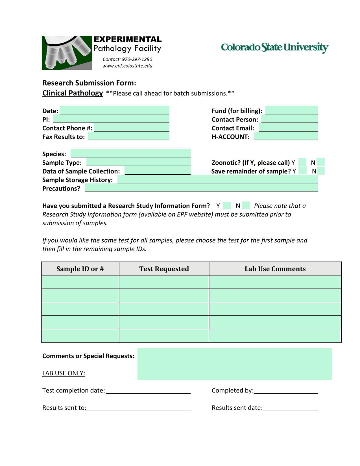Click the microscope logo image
coord(67,53)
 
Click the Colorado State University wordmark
coord(274,47)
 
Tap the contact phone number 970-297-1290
coord(137,59)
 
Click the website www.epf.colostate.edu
coord(127,66)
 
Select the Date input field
coord(114,110)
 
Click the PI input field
coord(111,119)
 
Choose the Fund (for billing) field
coord(291,110)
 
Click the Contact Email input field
coord(288,127)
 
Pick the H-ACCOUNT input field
coord(286,136)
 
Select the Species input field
coord(130,153)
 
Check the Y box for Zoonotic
coord(302,162)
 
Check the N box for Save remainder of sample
coord(321,171)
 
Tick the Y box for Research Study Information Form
coord(227,205)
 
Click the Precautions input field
coord(201,188)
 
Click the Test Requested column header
coord(164,269)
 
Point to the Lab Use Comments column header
coord(275,269)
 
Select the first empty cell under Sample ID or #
coord(80,282)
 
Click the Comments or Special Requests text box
coord(234,364)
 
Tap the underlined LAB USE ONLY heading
coord(64,373)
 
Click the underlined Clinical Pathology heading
coord(73,93)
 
